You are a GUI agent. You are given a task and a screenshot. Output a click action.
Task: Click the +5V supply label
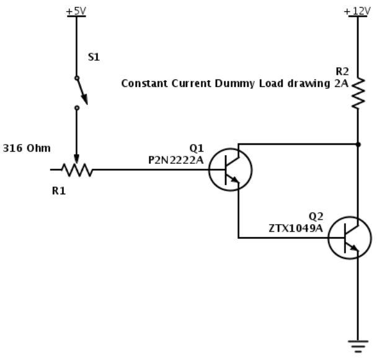tap(76, 10)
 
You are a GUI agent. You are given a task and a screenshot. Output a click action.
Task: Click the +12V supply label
tap(358, 10)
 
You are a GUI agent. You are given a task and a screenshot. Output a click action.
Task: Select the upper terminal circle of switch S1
tap(76, 78)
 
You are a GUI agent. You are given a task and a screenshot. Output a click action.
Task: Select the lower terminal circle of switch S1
tap(76, 108)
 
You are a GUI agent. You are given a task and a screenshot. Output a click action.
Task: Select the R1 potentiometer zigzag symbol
tap(76, 169)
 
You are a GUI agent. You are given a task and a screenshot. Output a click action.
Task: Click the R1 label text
tap(59, 191)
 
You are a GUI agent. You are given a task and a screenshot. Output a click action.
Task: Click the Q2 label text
tap(316, 216)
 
